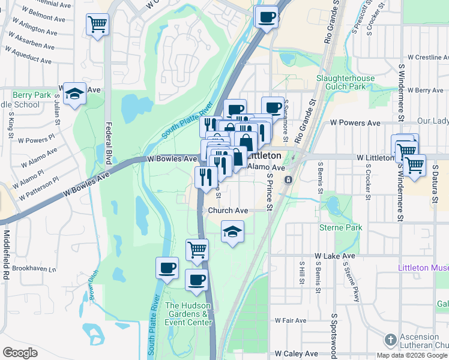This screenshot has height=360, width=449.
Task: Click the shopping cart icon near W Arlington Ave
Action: [97, 25]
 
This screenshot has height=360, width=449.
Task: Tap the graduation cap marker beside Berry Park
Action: [74, 94]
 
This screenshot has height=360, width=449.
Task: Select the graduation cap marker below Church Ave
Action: [232, 232]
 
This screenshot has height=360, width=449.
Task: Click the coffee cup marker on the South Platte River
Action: [167, 268]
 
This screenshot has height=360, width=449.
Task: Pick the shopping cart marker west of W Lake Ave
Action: [197, 249]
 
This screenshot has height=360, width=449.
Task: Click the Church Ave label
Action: [228, 211]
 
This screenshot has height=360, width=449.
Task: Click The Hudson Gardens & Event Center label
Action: [189, 314]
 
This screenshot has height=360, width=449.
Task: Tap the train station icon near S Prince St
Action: [289, 179]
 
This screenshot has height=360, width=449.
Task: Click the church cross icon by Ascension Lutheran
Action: [391, 340]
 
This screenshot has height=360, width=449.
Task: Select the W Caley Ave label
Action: [292, 354]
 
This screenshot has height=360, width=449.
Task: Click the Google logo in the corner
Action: [20, 353]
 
